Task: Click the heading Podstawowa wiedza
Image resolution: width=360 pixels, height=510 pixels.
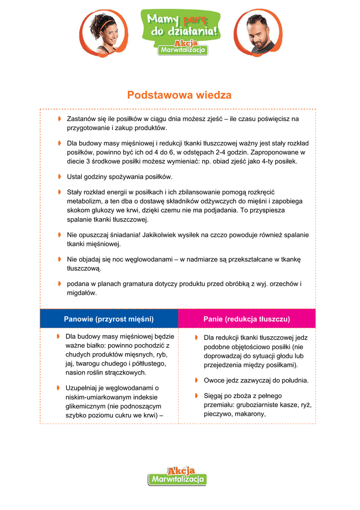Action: pos(179,95)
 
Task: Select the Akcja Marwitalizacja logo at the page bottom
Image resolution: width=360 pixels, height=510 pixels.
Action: pos(177,476)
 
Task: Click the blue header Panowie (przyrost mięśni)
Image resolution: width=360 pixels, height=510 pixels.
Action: pos(109,319)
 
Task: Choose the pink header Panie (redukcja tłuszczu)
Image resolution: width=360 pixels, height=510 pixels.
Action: pos(246,319)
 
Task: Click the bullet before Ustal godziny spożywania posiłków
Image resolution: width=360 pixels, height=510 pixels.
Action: pos(59,176)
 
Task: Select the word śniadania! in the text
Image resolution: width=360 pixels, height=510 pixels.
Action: pos(123,235)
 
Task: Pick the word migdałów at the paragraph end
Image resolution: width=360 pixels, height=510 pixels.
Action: pos(82,293)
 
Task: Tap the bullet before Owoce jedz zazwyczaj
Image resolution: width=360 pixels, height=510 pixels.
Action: pos(197,380)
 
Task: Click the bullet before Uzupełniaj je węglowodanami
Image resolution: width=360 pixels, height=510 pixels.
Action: pos(58,387)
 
